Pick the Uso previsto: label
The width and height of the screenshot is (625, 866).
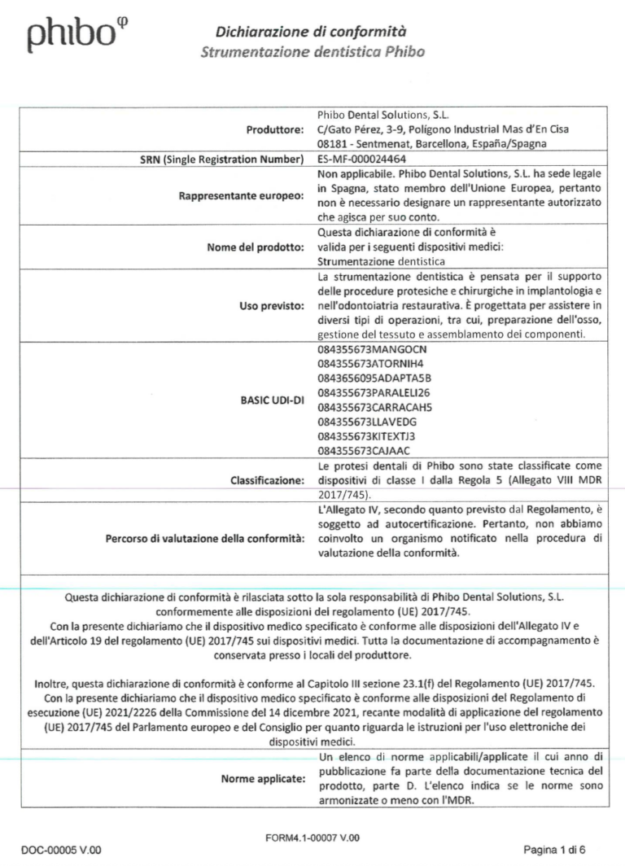(272, 305)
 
